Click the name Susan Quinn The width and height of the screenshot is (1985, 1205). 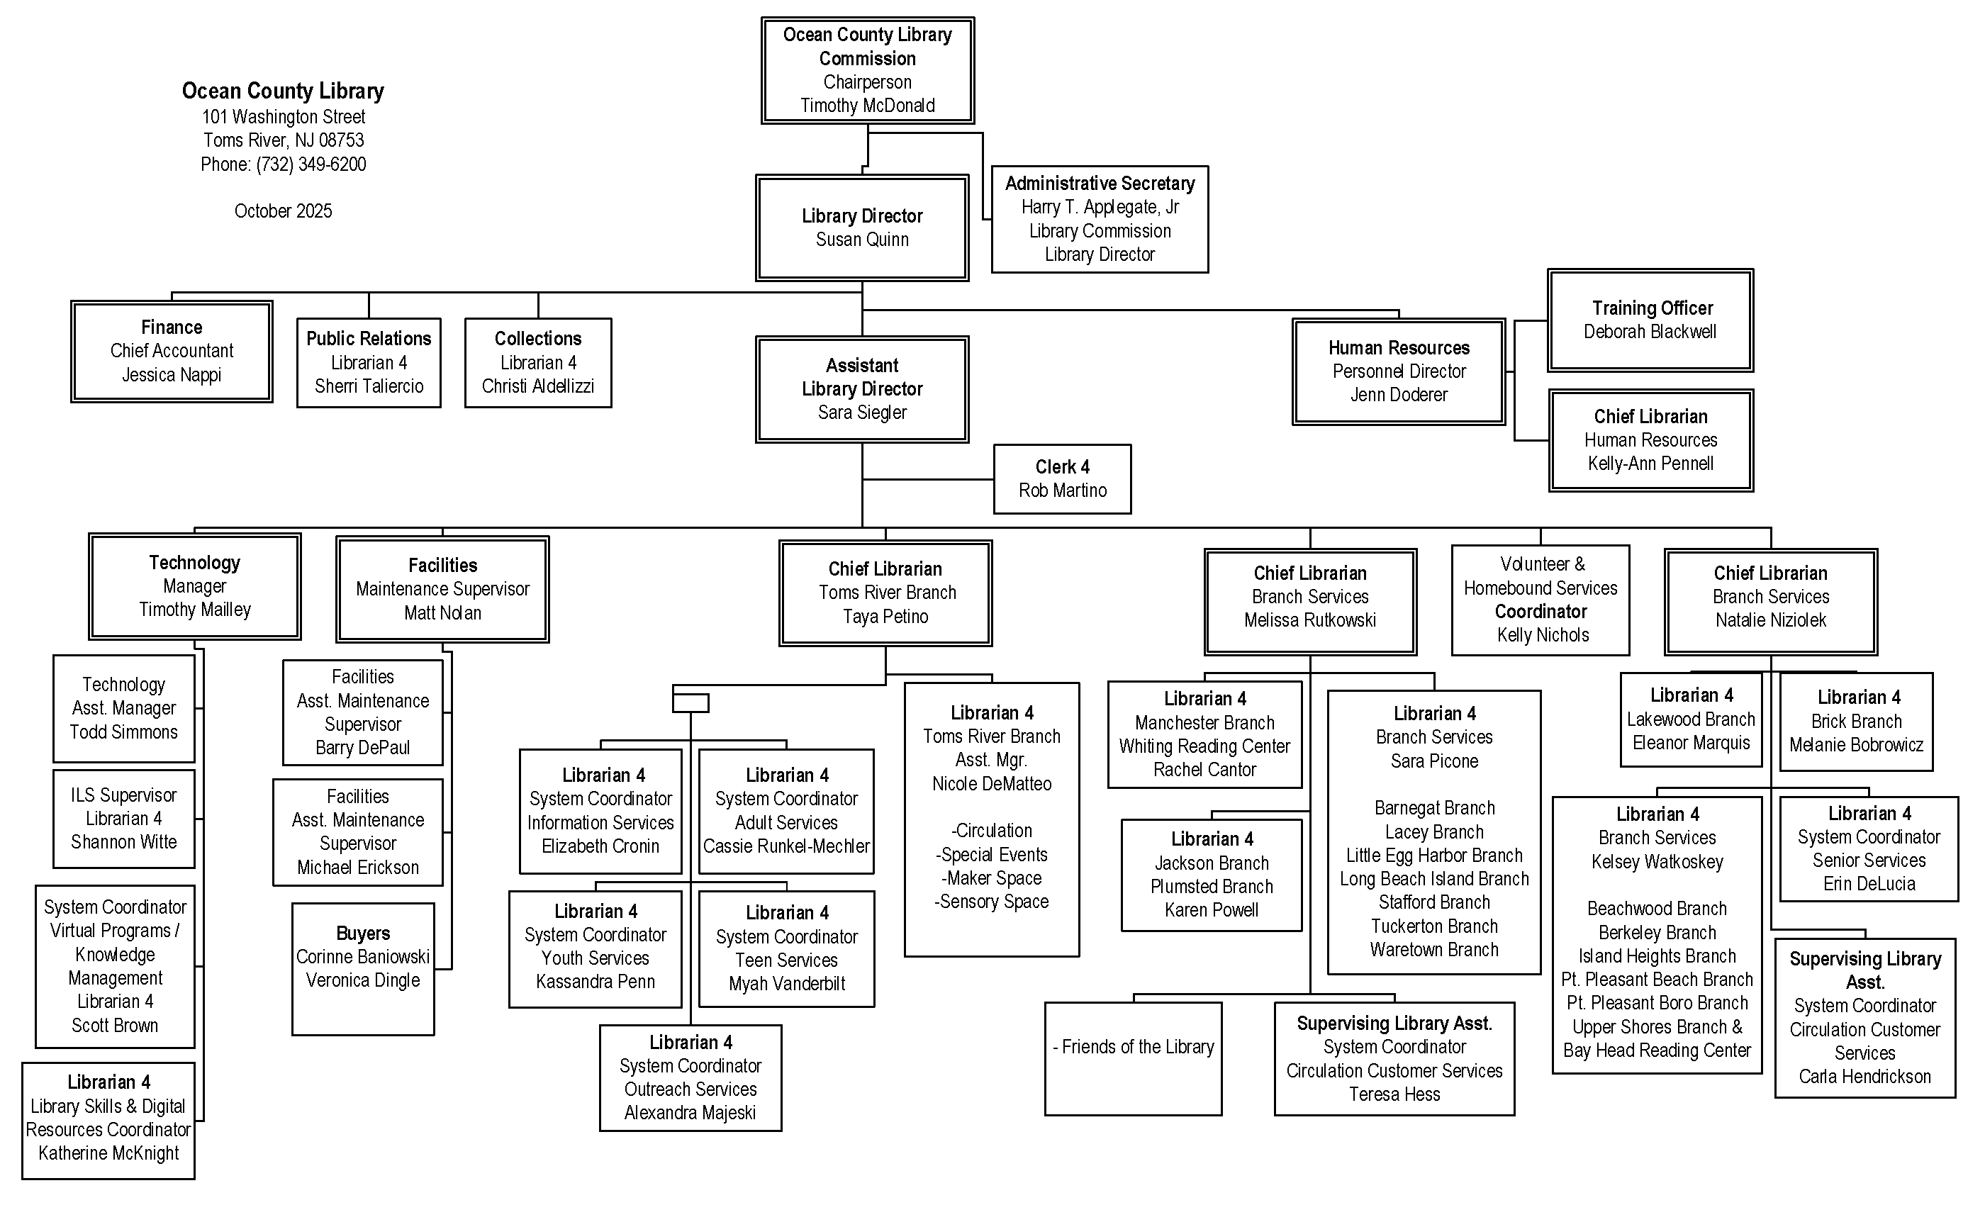click(x=861, y=240)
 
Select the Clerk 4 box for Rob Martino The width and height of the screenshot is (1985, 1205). click(x=1062, y=479)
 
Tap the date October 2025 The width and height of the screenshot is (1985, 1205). click(x=283, y=211)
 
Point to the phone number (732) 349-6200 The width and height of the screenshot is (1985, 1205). click(x=311, y=164)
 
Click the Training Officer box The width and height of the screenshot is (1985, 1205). click(x=1650, y=320)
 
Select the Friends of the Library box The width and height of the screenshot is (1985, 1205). click(x=1133, y=1058)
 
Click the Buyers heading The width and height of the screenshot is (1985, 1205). click(x=362, y=934)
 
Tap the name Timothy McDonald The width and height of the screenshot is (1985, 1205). click(x=867, y=106)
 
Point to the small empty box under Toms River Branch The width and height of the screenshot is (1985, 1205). click(x=690, y=703)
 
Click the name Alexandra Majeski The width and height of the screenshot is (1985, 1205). click(x=690, y=1113)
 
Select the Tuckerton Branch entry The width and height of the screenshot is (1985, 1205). click(x=1434, y=926)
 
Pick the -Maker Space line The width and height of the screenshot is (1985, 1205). click(x=991, y=878)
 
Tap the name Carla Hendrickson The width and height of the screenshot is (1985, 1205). click(x=1864, y=1077)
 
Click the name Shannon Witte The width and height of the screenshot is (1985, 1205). click(x=123, y=842)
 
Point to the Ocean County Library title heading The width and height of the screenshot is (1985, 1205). click(x=283, y=90)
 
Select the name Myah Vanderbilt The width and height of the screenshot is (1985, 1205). click(x=786, y=984)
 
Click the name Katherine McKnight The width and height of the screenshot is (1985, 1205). click(x=108, y=1153)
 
